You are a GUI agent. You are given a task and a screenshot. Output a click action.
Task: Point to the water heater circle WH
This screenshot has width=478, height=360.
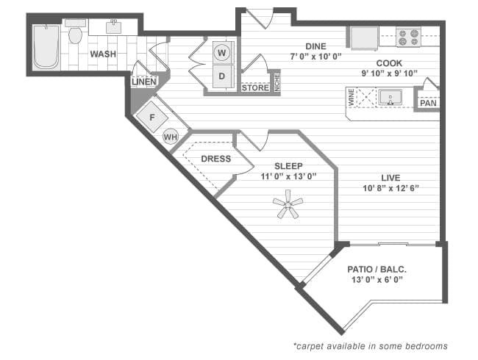171,137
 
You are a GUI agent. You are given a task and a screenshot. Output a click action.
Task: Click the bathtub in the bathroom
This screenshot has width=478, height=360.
46,47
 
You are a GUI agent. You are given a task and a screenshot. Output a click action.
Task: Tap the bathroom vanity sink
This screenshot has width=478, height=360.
114,28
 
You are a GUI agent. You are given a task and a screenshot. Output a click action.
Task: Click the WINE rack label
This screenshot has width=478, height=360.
352,97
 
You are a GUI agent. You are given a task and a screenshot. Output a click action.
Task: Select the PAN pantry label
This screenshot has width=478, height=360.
428,103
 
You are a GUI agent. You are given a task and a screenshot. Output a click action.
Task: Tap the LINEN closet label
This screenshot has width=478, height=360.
144,82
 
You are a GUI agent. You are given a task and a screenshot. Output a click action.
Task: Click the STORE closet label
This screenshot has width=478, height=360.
255,87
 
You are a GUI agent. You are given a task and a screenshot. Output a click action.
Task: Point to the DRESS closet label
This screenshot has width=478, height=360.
215,159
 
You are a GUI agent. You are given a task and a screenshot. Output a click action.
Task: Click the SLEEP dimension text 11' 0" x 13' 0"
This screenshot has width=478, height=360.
288,176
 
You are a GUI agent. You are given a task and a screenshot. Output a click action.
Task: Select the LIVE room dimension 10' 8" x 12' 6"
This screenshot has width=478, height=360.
390,188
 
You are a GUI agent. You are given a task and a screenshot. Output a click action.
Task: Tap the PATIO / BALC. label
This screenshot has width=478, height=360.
377,270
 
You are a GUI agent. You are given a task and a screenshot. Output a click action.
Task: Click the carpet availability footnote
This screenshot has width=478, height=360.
369,345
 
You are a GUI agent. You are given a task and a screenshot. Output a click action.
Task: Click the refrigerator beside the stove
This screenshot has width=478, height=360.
363,37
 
